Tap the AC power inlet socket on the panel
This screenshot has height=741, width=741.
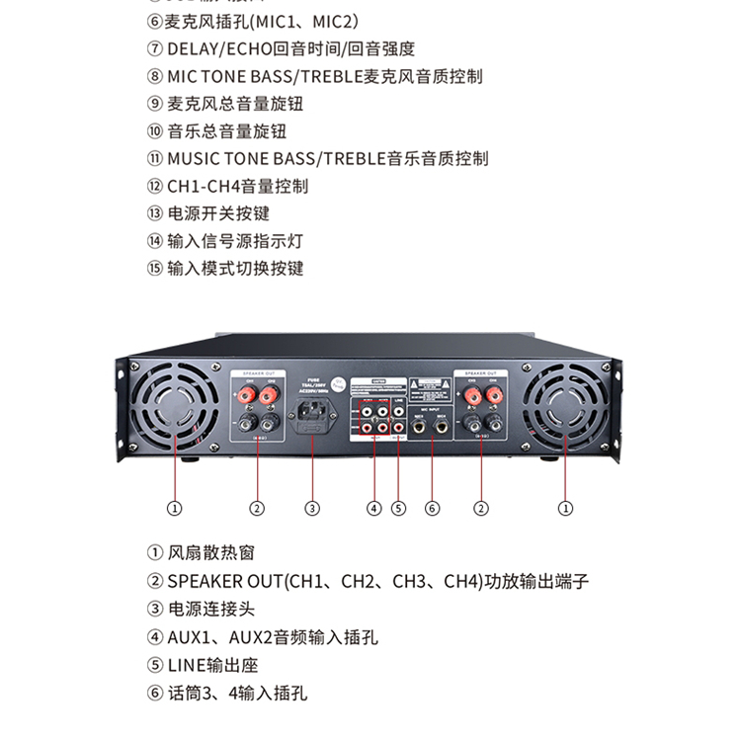(x=312, y=413)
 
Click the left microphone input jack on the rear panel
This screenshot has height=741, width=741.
(x=419, y=427)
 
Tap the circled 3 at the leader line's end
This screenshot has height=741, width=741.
(x=312, y=509)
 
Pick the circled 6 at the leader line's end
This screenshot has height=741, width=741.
(x=432, y=509)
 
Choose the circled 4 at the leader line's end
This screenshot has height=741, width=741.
(x=373, y=509)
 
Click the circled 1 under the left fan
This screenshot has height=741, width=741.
(x=175, y=509)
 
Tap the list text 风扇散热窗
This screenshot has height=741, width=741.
(x=210, y=553)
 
